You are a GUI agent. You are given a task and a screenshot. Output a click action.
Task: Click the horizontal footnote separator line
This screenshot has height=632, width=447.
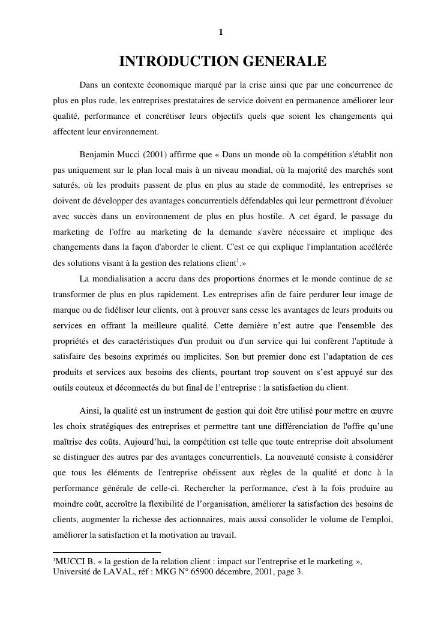coord(107,552)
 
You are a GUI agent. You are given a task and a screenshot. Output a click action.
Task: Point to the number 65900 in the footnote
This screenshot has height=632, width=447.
coord(212,572)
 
